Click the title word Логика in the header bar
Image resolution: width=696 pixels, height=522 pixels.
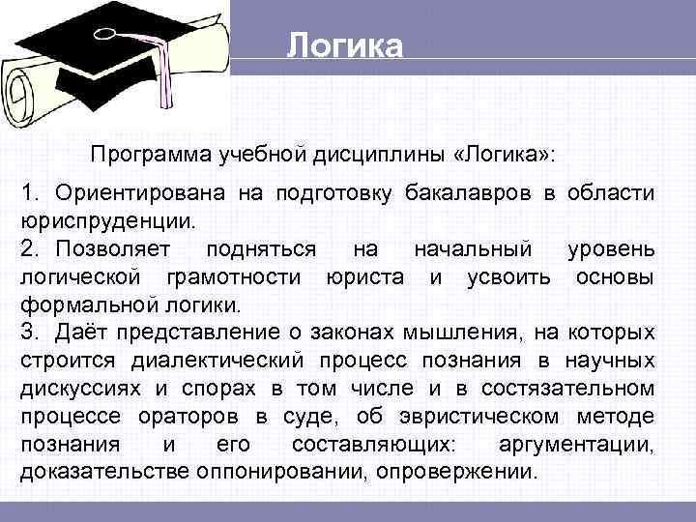click(x=344, y=45)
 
